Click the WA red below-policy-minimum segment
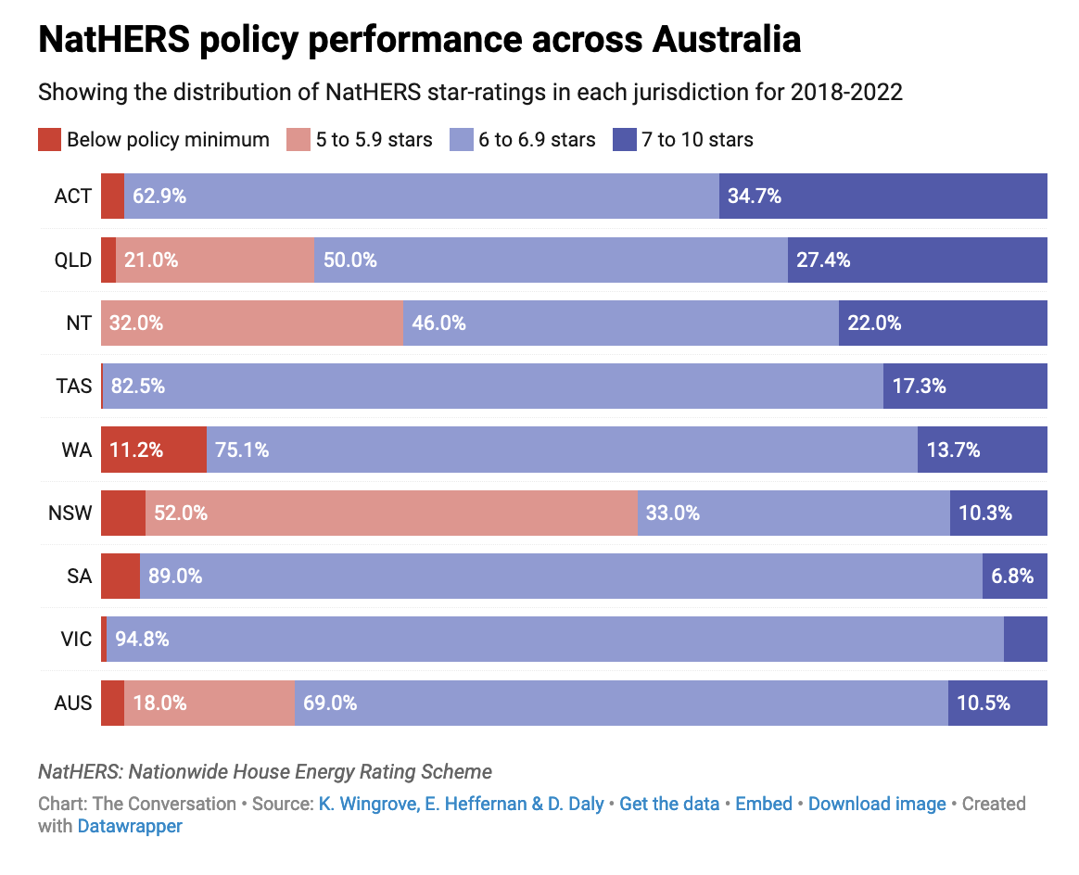(153, 450)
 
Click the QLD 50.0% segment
(551, 260)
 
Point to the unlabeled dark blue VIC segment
(1025, 640)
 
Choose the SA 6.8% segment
(1014, 577)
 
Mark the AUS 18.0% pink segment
(209, 703)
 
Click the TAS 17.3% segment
(965, 386)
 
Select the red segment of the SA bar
(121, 577)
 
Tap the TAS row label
(73, 386)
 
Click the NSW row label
(70, 513)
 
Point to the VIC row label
(74, 640)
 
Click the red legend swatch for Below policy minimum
(49, 140)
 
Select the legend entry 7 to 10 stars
(696, 140)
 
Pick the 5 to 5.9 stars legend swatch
(298, 140)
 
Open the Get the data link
(669, 804)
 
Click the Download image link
(877, 804)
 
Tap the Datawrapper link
(130, 826)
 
